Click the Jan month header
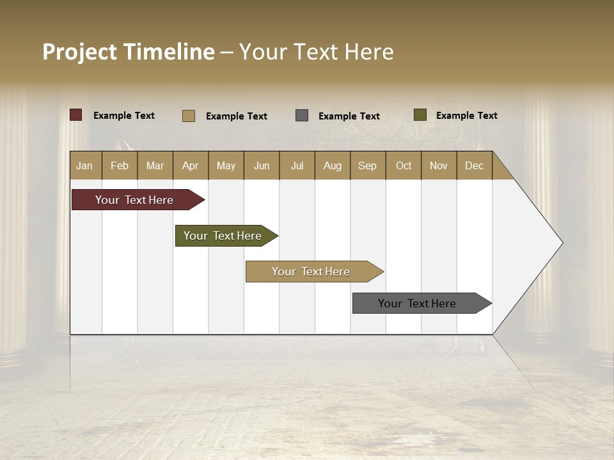pos(85,165)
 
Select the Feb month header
pos(120,165)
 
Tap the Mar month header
pos(155,165)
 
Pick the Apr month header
pos(191,165)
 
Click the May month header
pos(226,165)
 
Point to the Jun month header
pos(262,165)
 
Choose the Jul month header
pos(297,165)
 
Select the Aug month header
pos(333,165)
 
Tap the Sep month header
pos(368,165)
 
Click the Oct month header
pos(404,165)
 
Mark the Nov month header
pos(439,165)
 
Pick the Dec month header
pos(474,165)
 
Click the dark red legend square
pos(76,115)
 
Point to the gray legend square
pos(302,115)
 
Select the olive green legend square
pos(420,115)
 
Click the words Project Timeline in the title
pos(129,52)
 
